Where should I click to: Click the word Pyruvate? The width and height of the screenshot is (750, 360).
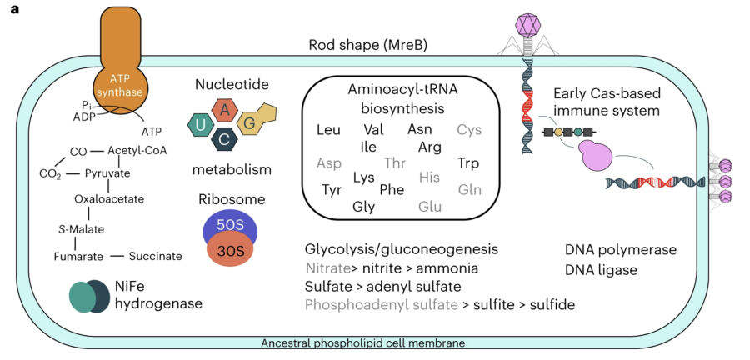click(x=107, y=173)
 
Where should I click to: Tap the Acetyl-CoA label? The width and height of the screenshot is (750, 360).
click(x=137, y=151)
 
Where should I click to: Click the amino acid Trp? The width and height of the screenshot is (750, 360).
click(x=468, y=163)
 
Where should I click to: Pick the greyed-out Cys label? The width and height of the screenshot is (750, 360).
click(x=469, y=129)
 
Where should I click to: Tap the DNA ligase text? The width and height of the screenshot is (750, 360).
click(x=601, y=270)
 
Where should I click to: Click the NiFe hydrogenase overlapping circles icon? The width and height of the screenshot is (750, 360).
click(x=90, y=296)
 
